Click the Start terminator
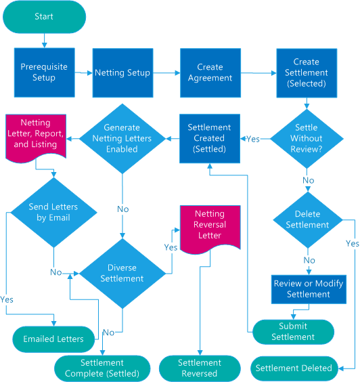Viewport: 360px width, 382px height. [44, 17]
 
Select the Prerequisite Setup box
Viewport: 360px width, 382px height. [44, 72]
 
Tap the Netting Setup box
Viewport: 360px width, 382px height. [122, 72]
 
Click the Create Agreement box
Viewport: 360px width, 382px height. [210, 72]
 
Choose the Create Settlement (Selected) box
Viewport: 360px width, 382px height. [307, 72]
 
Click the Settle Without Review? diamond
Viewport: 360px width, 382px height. [307, 138]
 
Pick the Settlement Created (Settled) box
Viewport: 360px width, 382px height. [209, 138]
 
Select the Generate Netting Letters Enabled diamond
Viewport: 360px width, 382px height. [122, 138]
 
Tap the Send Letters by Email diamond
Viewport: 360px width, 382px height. [53, 212]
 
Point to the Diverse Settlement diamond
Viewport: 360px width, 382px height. [122, 272]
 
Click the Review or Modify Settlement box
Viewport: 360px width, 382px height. [309, 289]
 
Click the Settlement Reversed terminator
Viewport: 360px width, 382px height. [199, 368]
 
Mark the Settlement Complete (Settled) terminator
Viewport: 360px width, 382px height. [102, 368]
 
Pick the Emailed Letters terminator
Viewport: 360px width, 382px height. [53, 338]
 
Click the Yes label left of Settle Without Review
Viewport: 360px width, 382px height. [252, 139]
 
